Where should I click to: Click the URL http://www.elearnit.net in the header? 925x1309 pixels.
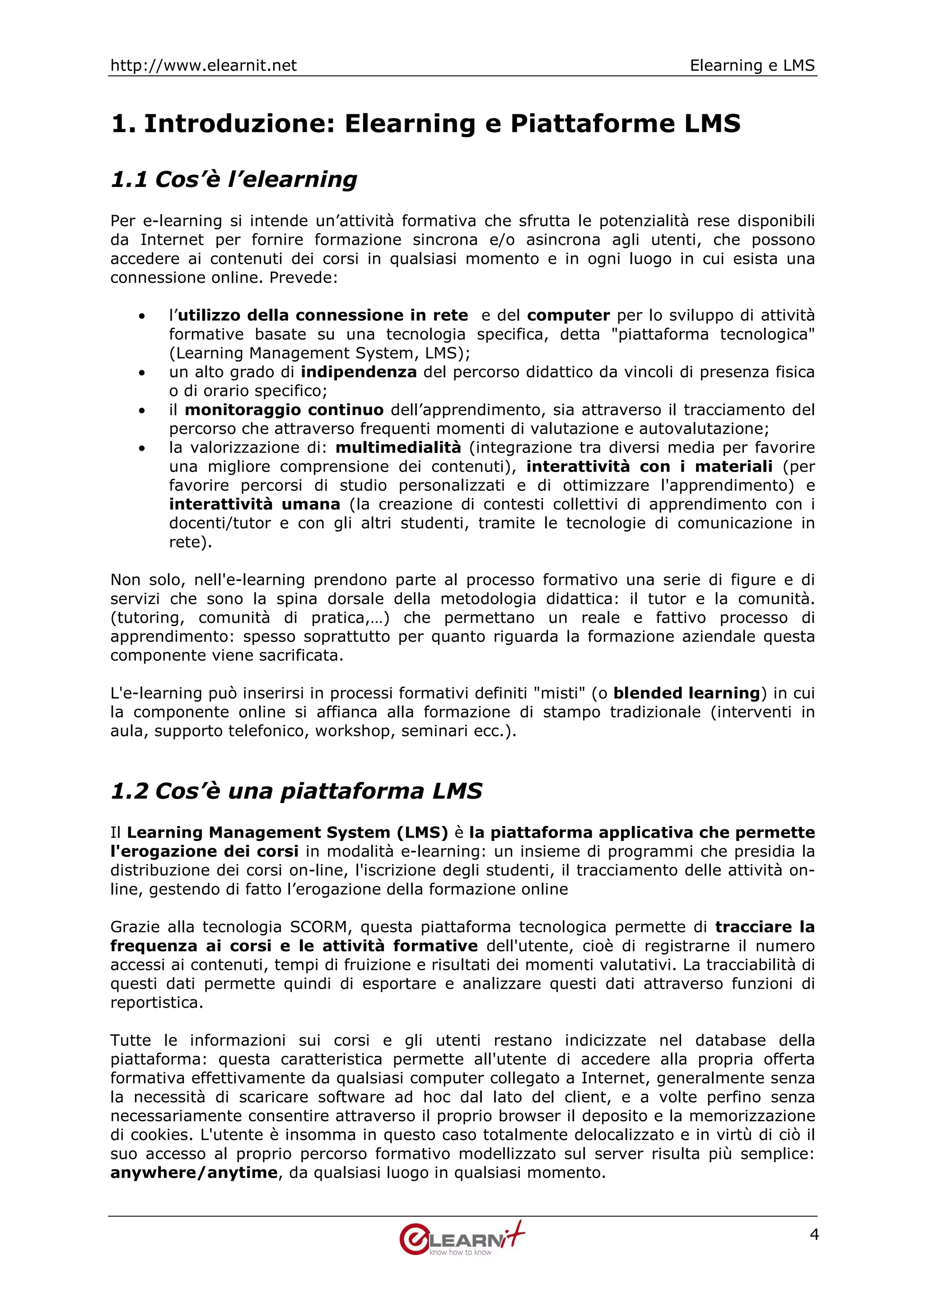[x=203, y=65]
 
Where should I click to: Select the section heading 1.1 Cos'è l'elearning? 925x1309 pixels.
[x=234, y=180]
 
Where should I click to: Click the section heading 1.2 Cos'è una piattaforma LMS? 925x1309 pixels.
[x=296, y=791]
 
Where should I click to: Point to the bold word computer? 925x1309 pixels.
[x=568, y=315]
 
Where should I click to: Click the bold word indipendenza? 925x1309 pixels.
[x=359, y=372]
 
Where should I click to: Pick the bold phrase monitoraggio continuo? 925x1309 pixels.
[x=284, y=410]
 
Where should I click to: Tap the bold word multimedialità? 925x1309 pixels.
[x=398, y=448]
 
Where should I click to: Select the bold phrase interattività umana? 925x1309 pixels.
[x=254, y=505]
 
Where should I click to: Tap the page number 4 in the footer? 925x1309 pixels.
[x=814, y=1235]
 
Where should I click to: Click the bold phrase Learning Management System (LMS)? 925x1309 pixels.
[x=287, y=832]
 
